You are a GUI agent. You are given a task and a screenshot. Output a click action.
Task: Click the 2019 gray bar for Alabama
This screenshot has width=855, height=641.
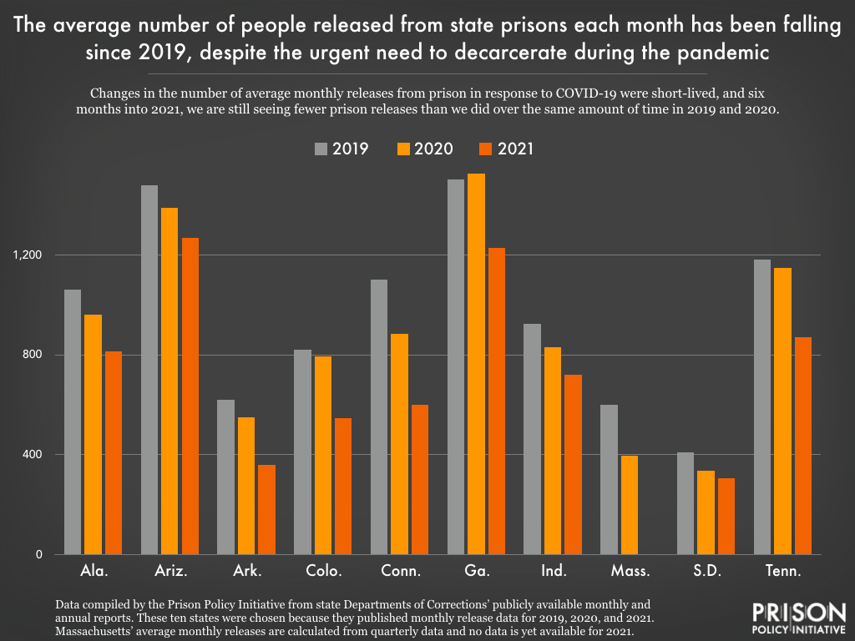(x=72, y=421)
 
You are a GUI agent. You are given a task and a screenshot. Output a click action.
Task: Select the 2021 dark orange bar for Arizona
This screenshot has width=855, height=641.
(x=190, y=396)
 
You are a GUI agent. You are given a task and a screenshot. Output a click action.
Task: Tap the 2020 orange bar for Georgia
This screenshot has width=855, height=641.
(x=476, y=364)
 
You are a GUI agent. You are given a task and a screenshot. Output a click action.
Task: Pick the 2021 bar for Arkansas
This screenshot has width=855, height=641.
(x=266, y=509)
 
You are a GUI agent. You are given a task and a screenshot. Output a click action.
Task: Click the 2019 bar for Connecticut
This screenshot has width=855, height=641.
(x=379, y=416)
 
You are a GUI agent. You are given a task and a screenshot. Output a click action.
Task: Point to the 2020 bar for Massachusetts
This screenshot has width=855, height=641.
(x=630, y=504)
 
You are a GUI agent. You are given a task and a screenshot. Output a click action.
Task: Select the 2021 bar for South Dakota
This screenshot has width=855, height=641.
(x=726, y=516)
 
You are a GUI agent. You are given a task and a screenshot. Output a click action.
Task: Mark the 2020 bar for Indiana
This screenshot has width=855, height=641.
(x=553, y=451)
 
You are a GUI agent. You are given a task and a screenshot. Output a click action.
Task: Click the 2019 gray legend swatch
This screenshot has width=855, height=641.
(x=321, y=149)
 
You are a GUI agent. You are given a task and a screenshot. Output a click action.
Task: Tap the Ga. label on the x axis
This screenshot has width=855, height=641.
(x=477, y=572)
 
